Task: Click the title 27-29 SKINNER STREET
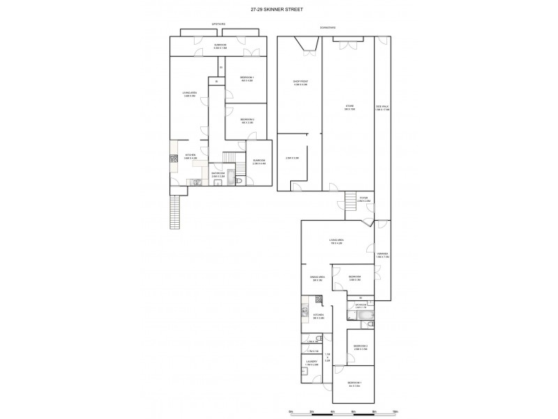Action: point(279,9)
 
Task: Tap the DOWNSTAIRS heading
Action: point(329,27)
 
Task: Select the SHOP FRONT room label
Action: point(300,83)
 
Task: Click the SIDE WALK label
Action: point(382,108)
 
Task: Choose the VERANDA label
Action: point(382,255)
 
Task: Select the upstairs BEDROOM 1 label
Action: point(247,78)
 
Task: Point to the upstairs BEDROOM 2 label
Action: point(247,121)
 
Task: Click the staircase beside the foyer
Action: point(350,203)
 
